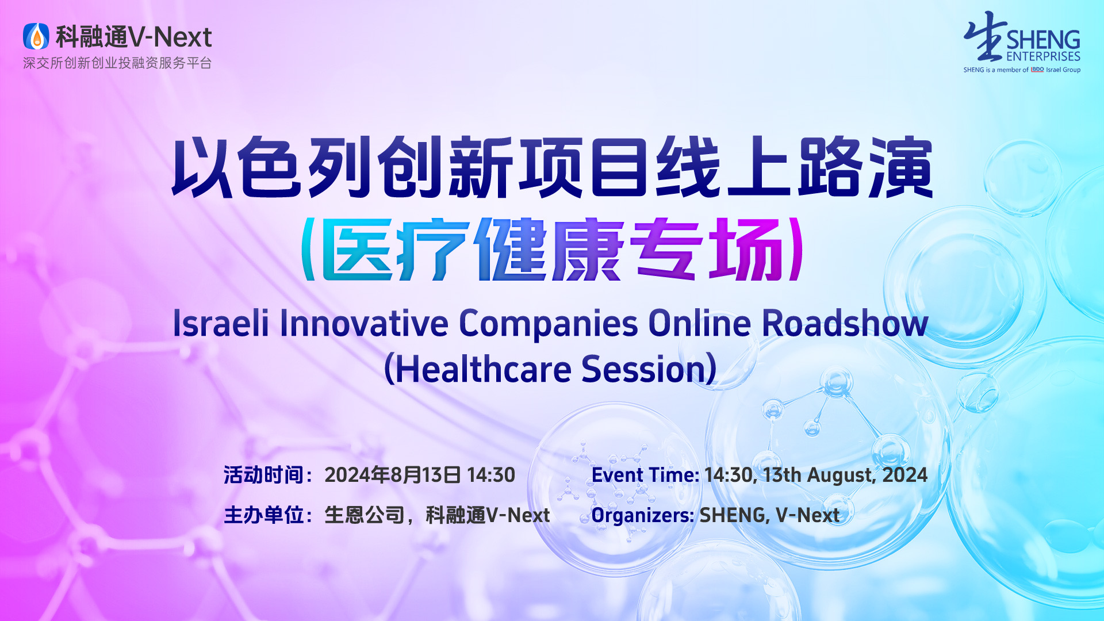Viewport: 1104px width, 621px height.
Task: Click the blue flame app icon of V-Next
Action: click(x=36, y=36)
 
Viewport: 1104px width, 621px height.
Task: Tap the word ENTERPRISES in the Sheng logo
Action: click(x=1043, y=56)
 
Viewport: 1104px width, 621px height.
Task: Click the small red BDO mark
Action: click(x=1037, y=70)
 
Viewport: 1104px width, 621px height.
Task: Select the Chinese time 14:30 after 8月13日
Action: click(x=491, y=475)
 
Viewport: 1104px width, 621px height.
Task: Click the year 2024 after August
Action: click(x=905, y=475)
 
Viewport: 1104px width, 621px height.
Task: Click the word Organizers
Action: click(x=643, y=515)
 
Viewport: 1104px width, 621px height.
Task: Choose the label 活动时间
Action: click(x=263, y=475)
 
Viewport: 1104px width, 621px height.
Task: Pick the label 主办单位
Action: click(x=263, y=515)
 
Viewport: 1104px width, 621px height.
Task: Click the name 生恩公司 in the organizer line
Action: click(x=365, y=515)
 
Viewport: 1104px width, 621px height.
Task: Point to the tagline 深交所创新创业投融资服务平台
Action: click(x=117, y=63)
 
